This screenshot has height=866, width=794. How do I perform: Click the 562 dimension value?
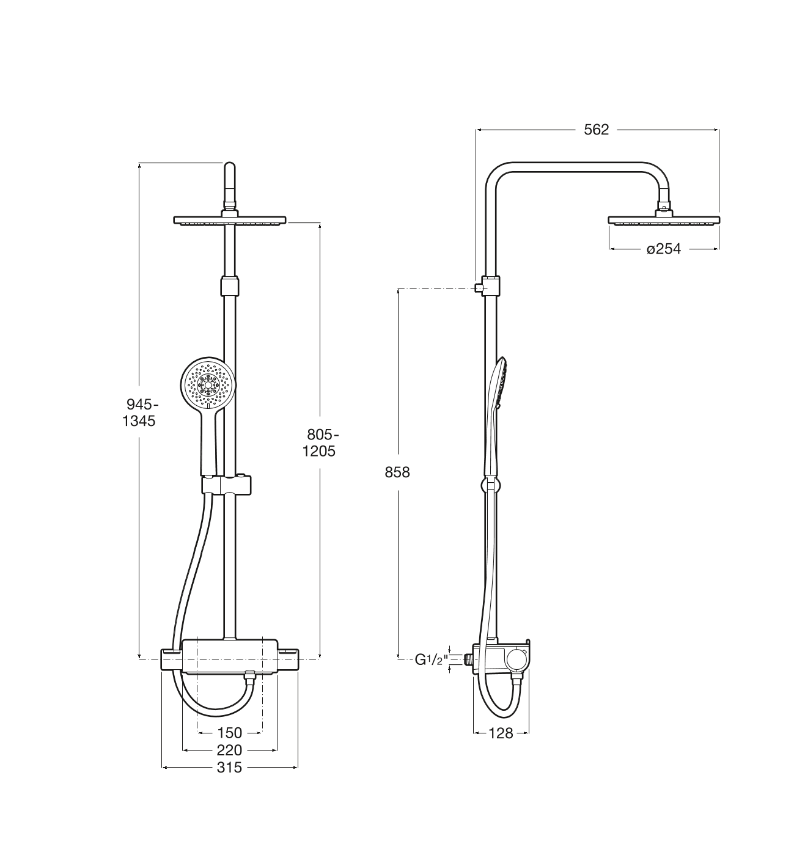point(596,130)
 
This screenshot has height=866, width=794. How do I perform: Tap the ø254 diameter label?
point(664,249)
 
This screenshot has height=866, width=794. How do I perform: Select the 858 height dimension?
point(397,472)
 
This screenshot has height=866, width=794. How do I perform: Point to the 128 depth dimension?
point(501,733)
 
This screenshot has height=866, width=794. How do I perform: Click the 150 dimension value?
point(229,733)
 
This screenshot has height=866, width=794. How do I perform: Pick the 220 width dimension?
point(229,750)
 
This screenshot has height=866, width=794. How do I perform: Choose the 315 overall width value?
point(229,768)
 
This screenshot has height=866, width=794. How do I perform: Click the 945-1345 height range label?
point(139,413)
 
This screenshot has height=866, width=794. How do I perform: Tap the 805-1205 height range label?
point(320,442)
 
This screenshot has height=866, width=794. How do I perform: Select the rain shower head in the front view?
point(230,220)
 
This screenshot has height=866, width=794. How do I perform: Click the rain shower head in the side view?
point(664,220)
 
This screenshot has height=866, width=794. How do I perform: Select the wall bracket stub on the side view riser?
point(479,288)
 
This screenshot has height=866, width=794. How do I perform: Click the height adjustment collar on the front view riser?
point(230,286)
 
